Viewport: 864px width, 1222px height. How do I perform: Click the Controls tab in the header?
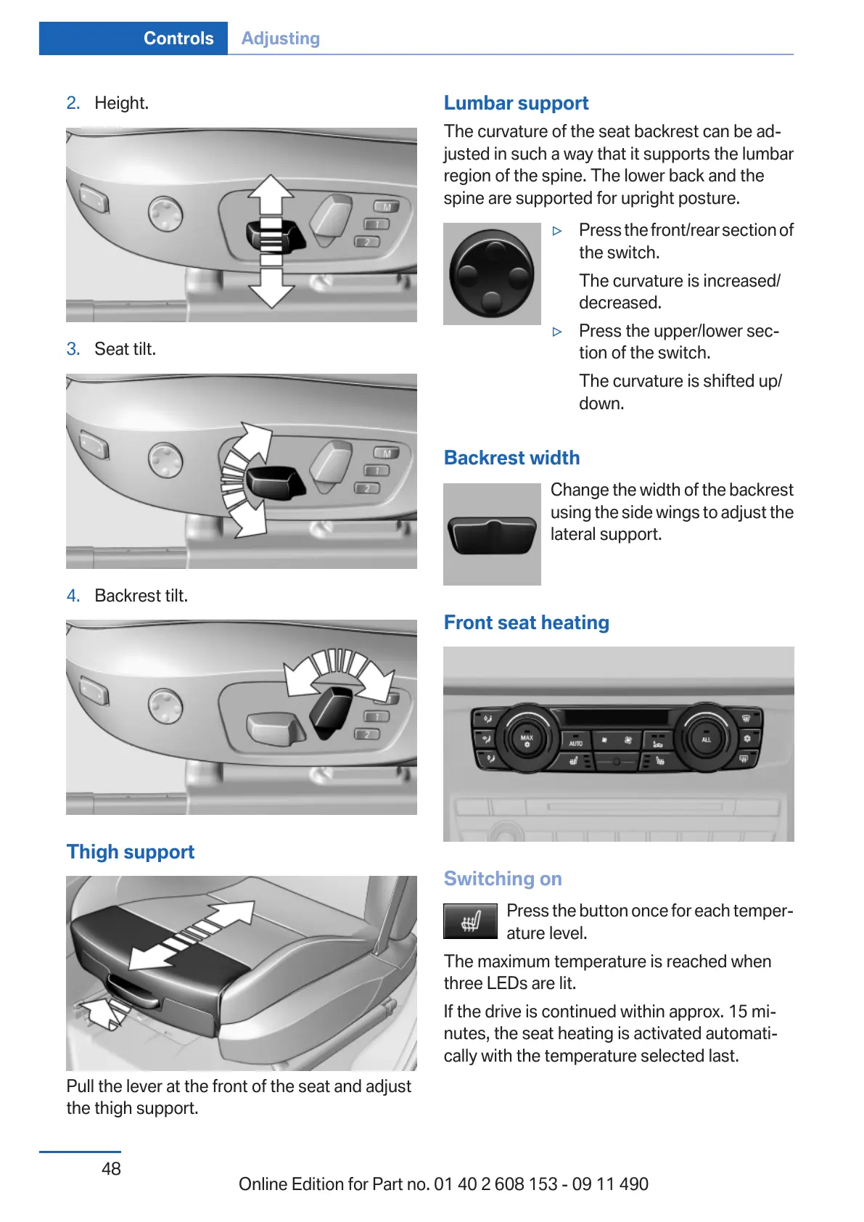(178, 38)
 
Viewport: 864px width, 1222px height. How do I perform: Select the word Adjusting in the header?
(280, 38)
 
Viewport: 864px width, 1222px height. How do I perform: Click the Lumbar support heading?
(516, 103)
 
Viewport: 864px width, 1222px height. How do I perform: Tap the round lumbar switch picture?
(492, 274)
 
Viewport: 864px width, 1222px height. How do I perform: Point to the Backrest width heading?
(511, 458)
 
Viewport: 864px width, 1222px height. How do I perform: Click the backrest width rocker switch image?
(492, 535)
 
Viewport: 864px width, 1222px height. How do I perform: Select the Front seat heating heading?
(526, 623)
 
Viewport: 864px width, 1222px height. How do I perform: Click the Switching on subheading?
(503, 879)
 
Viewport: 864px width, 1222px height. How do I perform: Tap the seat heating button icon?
(470, 922)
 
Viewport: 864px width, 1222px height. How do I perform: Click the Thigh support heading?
(131, 852)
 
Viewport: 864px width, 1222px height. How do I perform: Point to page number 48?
(111, 1168)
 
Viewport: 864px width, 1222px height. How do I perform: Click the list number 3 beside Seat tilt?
(73, 349)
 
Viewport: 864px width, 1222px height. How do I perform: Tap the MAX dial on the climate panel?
(527, 739)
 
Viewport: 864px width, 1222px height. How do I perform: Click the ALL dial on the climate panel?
(706, 739)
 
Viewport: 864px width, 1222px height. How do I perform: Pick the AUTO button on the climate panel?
(576, 743)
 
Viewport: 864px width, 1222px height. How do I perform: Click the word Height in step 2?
(121, 103)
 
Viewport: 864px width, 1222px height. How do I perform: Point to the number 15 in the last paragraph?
(738, 1012)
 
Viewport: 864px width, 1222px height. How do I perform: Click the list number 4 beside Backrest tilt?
(73, 596)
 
